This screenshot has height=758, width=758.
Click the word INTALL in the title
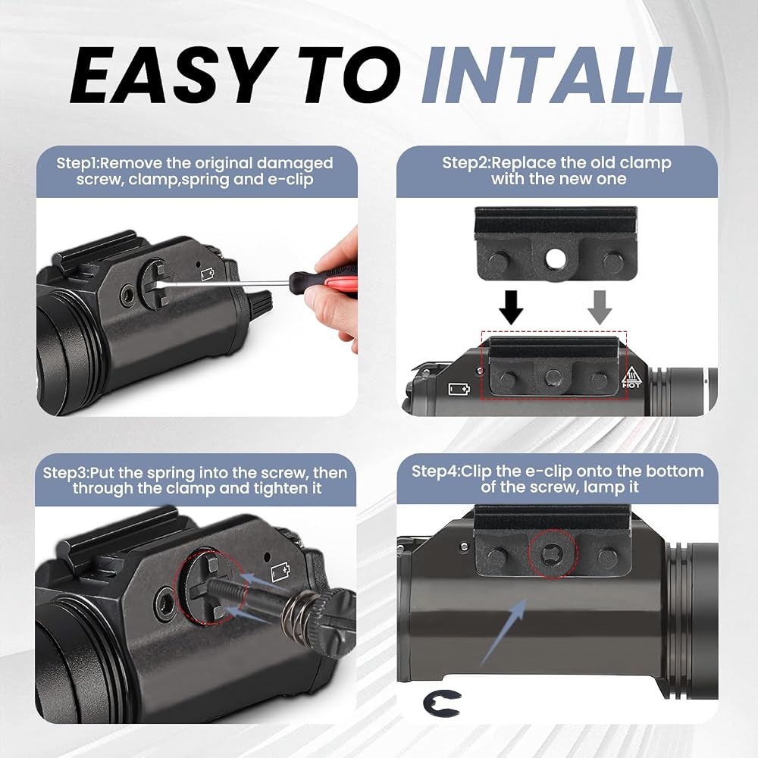[x=551, y=75]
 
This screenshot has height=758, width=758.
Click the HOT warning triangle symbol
[x=631, y=376]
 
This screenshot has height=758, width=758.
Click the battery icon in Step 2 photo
[x=459, y=389]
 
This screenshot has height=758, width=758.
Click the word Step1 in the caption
[x=77, y=164]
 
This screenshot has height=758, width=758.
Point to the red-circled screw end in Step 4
[x=553, y=553]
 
